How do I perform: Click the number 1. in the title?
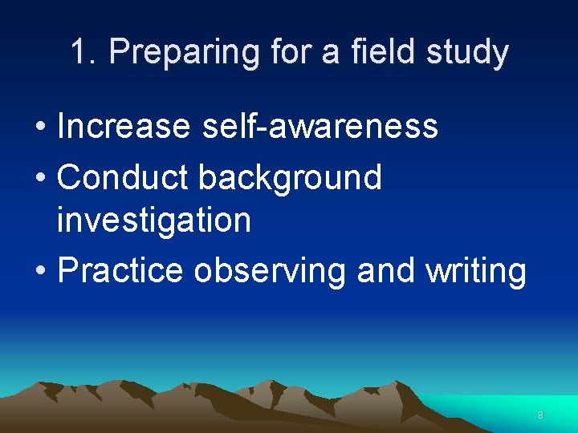[84, 53]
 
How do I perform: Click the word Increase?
[124, 126]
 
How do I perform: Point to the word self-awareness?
[320, 126]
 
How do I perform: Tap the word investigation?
[154, 220]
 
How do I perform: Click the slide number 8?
[540, 415]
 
